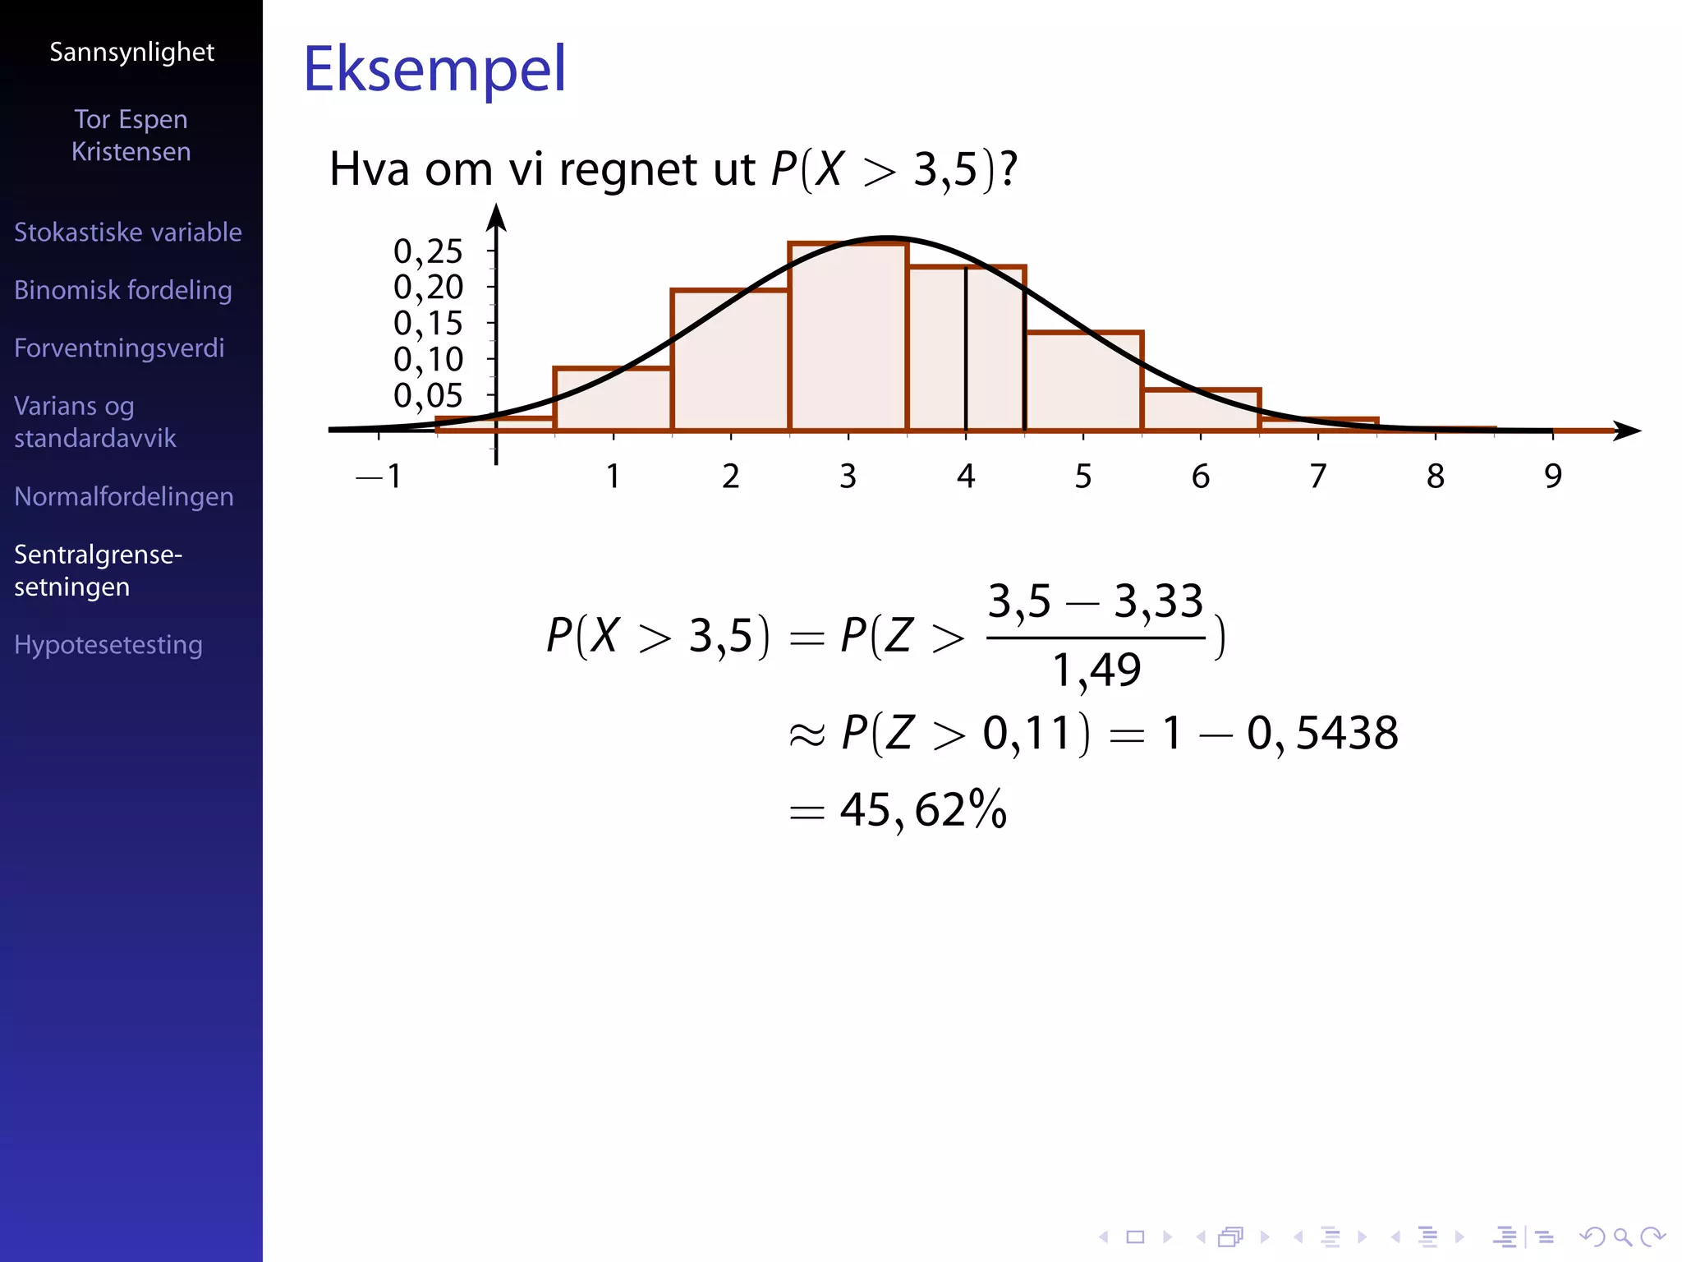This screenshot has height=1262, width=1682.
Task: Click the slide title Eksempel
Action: tap(434, 69)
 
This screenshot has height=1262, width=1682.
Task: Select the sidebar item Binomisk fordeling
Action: tap(123, 290)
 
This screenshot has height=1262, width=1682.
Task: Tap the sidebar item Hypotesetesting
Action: tap(108, 645)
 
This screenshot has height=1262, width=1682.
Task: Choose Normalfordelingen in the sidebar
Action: tap(124, 496)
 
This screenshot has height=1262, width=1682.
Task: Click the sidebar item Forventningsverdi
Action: tap(119, 348)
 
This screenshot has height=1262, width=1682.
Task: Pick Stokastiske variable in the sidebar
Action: tap(128, 233)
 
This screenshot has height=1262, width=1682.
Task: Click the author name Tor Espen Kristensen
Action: tap(131, 136)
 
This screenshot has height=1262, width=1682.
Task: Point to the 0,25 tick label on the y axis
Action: tap(428, 251)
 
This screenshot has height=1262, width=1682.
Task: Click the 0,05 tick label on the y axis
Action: tap(428, 396)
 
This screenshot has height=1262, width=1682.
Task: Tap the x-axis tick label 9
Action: tap(1552, 477)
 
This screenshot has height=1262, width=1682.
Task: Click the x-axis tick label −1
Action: tap(379, 477)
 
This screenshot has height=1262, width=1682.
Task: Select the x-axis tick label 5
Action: tap(1083, 477)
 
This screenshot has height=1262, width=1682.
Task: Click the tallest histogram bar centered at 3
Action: tap(848, 337)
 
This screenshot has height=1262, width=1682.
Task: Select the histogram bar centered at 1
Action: tap(613, 399)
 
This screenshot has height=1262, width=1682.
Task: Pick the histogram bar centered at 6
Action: tap(1201, 410)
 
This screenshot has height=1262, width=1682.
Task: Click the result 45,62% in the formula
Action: tap(923, 810)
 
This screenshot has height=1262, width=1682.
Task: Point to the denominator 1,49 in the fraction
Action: tap(1096, 670)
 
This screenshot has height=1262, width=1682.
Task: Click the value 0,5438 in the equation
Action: tap(1322, 733)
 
